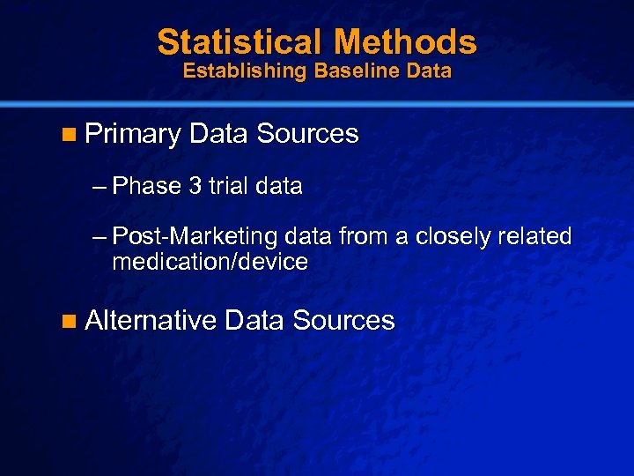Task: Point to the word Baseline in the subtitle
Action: (339, 71)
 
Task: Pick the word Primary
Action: (133, 134)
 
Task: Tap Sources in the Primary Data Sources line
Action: (307, 134)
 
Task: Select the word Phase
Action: (147, 187)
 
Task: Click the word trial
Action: (228, 187)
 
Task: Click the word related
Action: (536, 236)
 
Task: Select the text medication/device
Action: (210, 262)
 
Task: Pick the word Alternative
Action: (151, 320)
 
